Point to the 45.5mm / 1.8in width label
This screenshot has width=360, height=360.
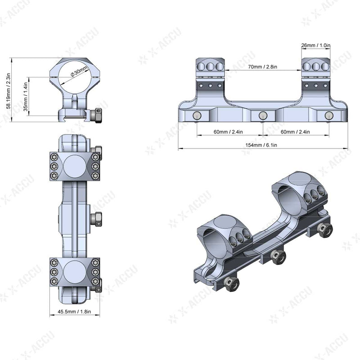pos(75,310)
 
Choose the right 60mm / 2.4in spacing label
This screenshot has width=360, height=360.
pos(295,131)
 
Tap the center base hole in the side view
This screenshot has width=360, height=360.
pos(262,116)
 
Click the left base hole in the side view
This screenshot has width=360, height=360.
pos(196,116)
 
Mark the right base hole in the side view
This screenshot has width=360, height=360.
pos(328,116)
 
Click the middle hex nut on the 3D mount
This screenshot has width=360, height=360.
pos(277,256)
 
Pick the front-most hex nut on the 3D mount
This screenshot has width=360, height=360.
pos(232,283)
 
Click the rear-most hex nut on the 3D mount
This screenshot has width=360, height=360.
pos(324,230)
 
